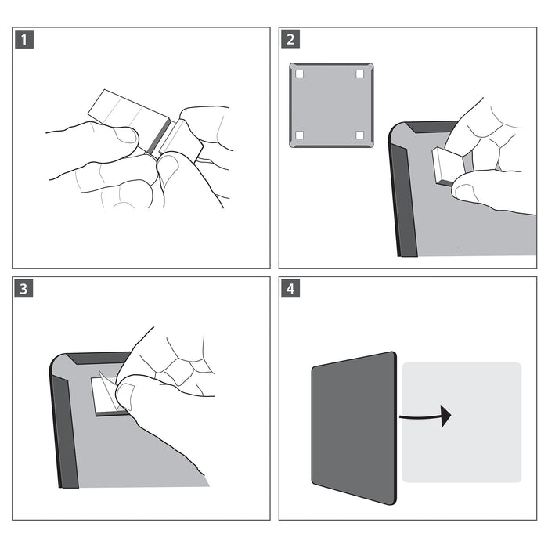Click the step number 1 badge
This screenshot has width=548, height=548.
coord(24,40)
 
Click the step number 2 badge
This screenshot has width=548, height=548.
coord(291,40)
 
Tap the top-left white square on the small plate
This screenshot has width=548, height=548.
coord(299,74)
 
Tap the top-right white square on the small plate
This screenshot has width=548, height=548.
coord(360,74)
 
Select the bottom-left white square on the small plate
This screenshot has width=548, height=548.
coord(299,135)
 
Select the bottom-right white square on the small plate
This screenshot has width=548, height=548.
coord(360,135)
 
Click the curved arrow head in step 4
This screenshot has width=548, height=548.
coord(446,416)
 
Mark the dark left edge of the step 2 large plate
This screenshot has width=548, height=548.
coord(405,196)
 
